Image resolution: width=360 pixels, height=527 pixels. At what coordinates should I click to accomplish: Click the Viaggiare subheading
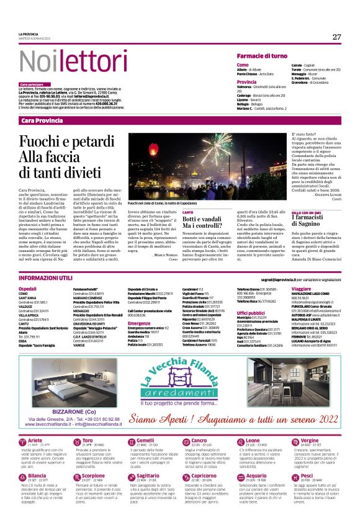pos(302,289)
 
